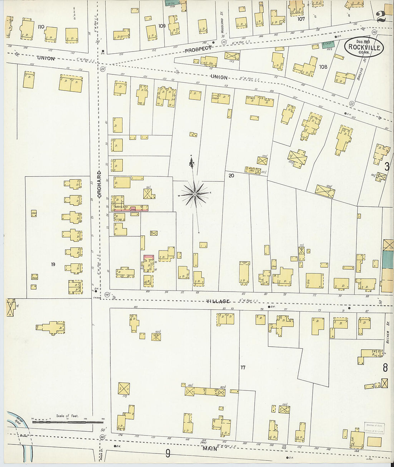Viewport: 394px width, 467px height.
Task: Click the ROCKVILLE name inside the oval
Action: point(364,48)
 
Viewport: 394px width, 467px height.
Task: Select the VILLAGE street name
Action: point(217,302)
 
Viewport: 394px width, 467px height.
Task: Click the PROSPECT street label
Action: point(198,49)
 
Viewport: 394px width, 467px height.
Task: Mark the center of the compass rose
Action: point(194,194)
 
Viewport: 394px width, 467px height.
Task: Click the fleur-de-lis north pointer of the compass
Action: point(191,163)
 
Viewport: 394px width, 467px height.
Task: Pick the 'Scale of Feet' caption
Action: point(67,416)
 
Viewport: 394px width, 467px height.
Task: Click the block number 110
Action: point(41,26)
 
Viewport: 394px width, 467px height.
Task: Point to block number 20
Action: point(231,175)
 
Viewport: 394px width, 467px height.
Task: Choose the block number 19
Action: point(53,264)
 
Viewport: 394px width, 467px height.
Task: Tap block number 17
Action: point(243,368)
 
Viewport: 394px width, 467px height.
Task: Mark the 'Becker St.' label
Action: point(388,337)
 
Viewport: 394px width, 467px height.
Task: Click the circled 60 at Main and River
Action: point(102,437)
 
